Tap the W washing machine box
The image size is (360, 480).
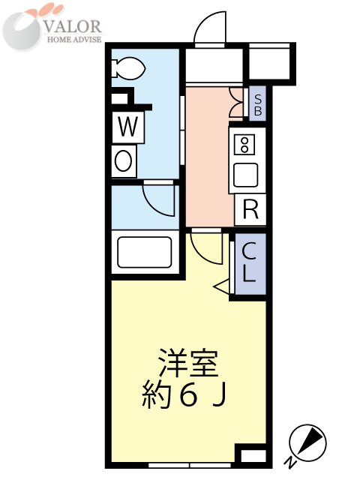[127, 127]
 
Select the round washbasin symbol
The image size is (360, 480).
[124, 160]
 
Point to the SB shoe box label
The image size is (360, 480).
[257, 104]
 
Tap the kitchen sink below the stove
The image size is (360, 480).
[245, 174]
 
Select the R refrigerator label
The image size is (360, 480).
[250, 211]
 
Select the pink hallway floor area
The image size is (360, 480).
[206, 157]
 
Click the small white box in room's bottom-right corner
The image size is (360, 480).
[250, 454]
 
